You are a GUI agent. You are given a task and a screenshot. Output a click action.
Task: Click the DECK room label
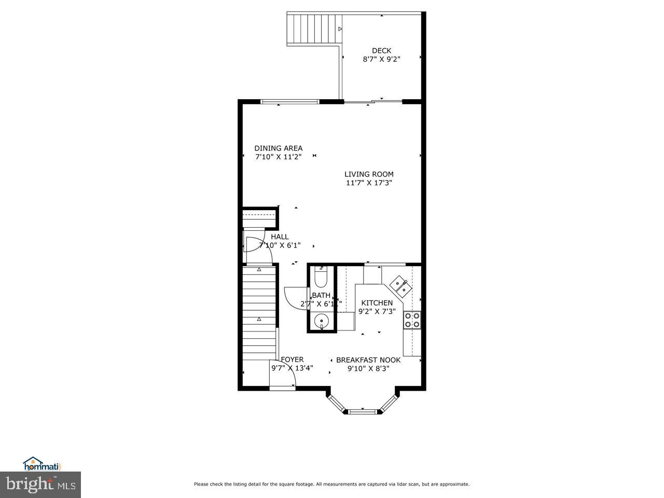[x=381, y=50]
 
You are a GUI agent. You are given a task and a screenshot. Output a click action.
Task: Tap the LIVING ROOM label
[x=369, y=174]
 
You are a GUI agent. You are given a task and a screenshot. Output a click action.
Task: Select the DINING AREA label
[x=278, y=148]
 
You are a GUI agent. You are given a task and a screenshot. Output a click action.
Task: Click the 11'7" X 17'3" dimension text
[x=369, y=183]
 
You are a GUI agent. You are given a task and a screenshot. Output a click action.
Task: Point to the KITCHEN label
[x=377, y=303]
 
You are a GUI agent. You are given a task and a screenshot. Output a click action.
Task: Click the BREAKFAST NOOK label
[x=368, y=359]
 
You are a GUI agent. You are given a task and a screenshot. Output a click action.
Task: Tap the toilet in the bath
[x=321, y=278]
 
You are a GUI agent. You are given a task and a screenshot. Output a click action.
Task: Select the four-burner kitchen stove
[x=412, y=320]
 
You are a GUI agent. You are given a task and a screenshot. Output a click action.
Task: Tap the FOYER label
[x=292, y=359]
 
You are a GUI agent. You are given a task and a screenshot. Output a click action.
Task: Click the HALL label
[x=280, y=237]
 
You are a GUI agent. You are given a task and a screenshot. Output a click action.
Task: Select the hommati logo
[x=43, y=463]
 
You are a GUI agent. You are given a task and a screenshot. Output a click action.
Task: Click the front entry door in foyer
[x=283, y=374]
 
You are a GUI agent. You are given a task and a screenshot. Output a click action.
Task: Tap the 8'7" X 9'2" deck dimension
[x=381, y=59]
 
